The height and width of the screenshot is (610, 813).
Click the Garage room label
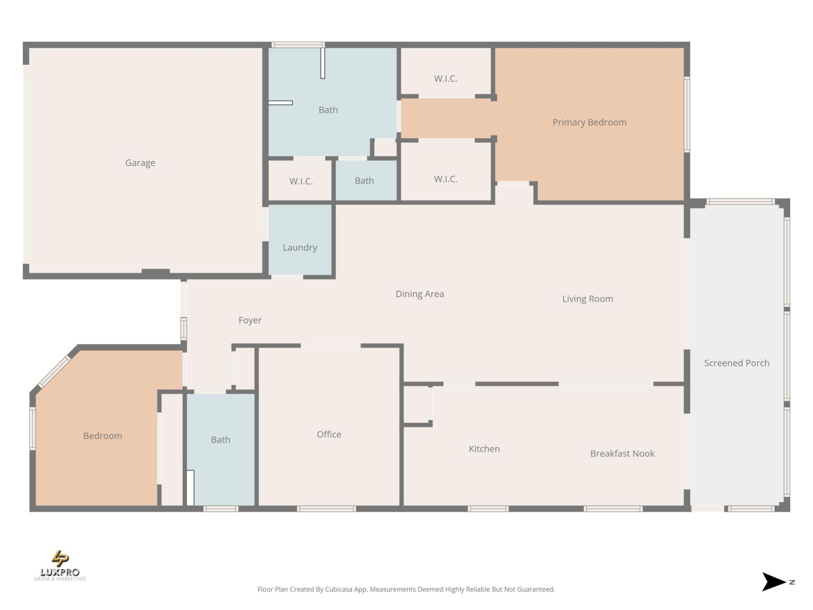pyautogui.click(x=140, y=163)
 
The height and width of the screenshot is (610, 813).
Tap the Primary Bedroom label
pyautogui.click(x=589, y=122)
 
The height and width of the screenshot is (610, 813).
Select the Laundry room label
pyautogui.click(x=300, y=247)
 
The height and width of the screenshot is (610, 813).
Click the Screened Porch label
pyautogui.click(x=736, y=363)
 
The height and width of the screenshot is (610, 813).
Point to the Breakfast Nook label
pyautogui.click(x=622, y=454)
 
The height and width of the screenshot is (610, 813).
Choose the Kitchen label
pyautogui.click(x=484, y=449)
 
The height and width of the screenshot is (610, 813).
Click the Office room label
pyautogui.click(x=329, y=434)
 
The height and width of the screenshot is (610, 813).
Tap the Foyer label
pyautogui.click(x=250, y=320)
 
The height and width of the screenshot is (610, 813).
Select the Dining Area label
pyautogui.click(x=419, y=294)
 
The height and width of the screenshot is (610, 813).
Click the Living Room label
pyautogui.click(x=587, y=299)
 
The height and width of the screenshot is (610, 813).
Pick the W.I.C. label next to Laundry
pyautogui.click(x=301, y=181)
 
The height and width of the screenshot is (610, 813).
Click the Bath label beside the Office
pyautogui.click(x=220, y=440)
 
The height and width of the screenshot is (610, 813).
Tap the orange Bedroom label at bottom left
pyautogui.click(x=102, y=436)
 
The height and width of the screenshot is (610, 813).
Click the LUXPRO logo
pyautogui.click(x=60, y=566)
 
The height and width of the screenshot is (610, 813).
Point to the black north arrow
pyautogui.click(x=773, y=582)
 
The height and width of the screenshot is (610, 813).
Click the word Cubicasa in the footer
pyautogui.click(x=338, y=589)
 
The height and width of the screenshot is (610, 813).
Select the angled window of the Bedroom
pyautogui.click(x=55, y=372)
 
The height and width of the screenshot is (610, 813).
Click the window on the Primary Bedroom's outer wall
pyautogui.click(x=687, y=114)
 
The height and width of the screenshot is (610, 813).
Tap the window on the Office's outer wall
pyautogui.click(x=326, y=509)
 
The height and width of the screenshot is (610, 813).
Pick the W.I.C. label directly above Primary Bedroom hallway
pyautogui.click(x=445, y=79)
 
